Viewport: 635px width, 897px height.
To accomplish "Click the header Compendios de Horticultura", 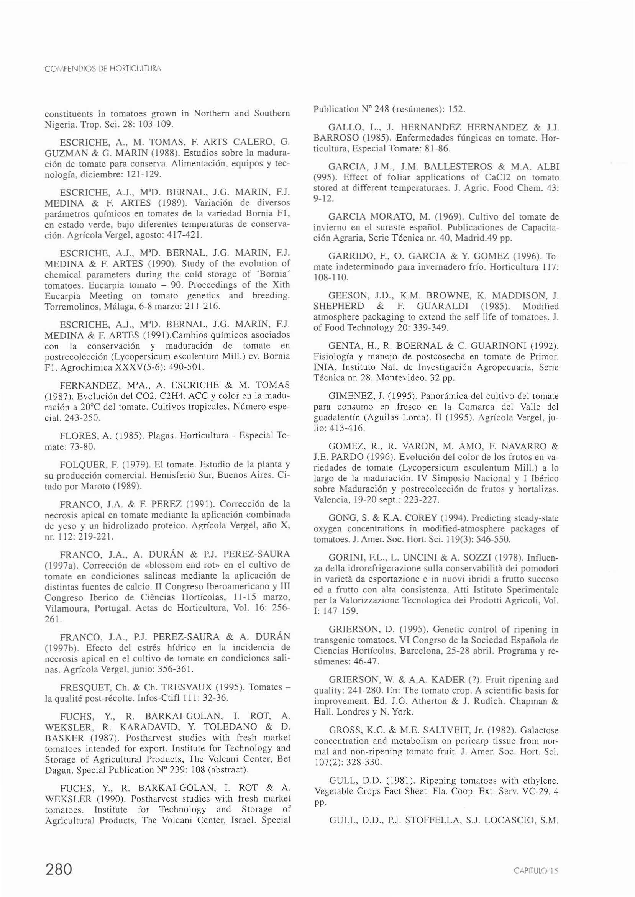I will coord(103,69).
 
